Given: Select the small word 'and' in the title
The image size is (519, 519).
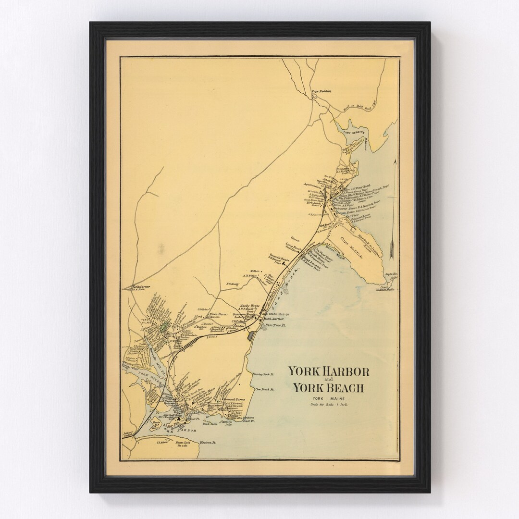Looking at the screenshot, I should [x=328, y=380].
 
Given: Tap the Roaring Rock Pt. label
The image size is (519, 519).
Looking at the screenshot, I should [x=262, y=373].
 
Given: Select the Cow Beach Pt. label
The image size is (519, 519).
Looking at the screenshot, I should [x=264, y=389].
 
